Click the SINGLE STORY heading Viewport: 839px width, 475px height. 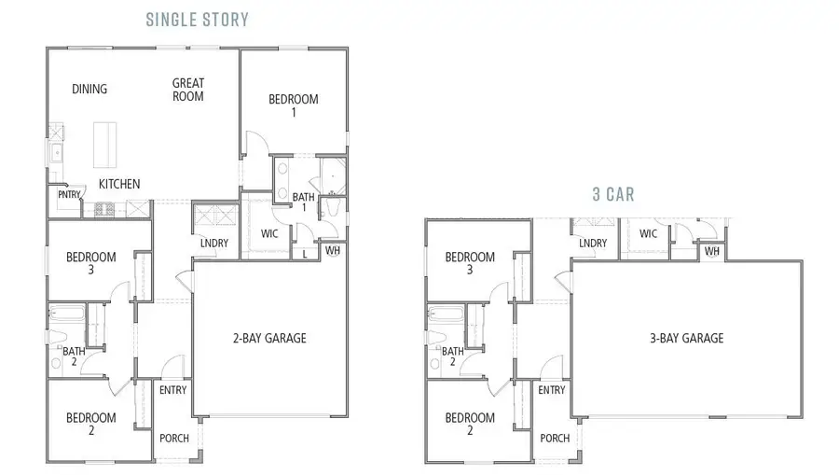point(197,19)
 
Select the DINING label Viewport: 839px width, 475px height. point(89,90)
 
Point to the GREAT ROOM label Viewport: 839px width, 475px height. point(187,90)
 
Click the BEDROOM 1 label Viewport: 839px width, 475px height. point(294,105)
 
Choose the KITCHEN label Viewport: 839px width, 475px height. point(119,184)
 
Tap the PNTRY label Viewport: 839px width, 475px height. point(69,195)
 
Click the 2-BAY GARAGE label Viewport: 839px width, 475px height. point(268,338)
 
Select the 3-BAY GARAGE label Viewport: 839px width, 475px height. point(688,338)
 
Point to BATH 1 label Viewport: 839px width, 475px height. point(303,203)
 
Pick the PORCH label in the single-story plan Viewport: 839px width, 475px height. point(173,438)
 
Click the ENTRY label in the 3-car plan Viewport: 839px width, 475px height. point(552,390)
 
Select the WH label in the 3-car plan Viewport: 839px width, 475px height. point(712,252)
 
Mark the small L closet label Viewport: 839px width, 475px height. point(305,253)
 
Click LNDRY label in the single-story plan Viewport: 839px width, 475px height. point(214,244)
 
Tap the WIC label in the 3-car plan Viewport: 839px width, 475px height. point(648,233)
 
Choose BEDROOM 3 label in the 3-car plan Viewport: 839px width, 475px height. point(469,263)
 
